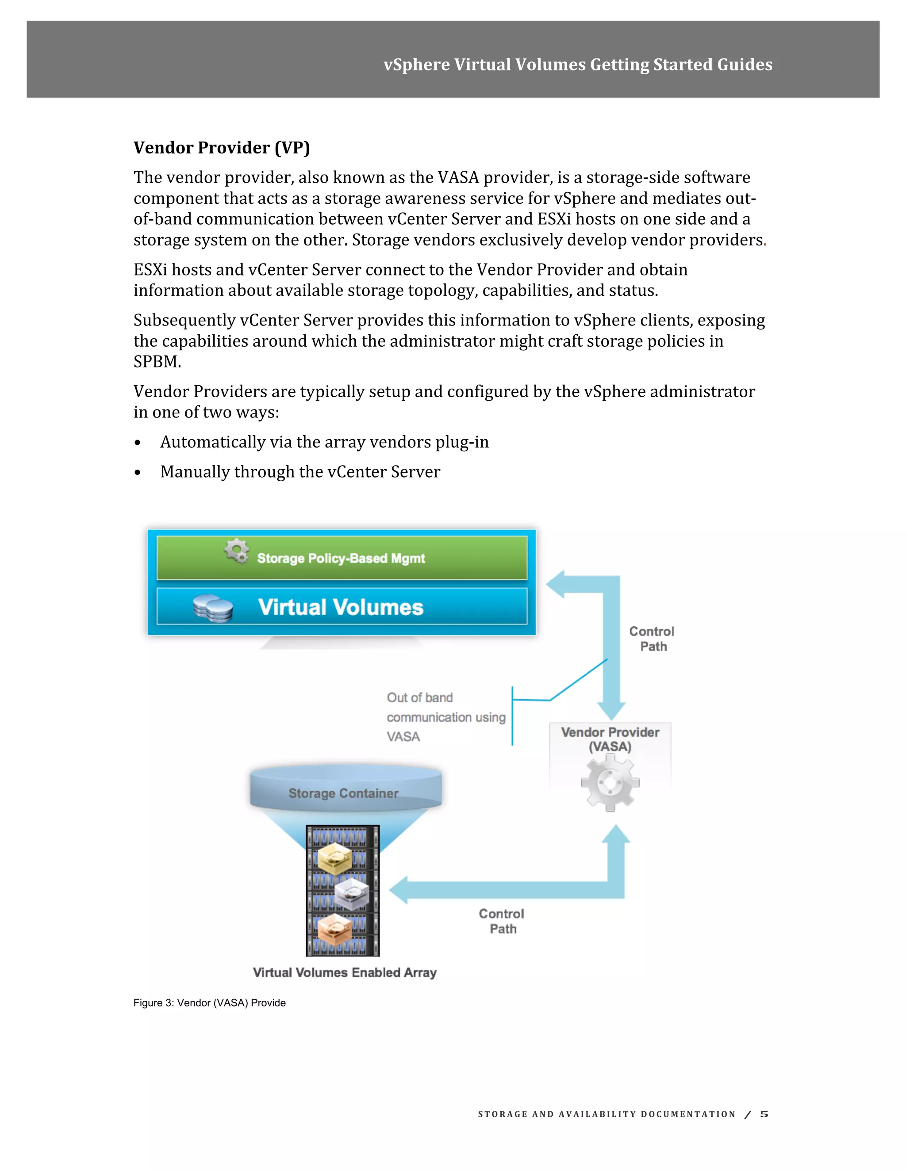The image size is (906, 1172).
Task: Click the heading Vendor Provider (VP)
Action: tap(222, 148)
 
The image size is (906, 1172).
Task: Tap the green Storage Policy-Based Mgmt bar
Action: tap(342, 558)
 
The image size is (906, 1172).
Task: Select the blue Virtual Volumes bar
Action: tap(342, 607)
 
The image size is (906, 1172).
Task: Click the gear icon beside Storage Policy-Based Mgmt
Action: tap(237, 551)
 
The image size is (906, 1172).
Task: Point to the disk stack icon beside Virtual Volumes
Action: tap(212, 608)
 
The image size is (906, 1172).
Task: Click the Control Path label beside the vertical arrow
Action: tap(652, 639)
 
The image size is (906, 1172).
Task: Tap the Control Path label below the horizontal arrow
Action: tap(502, 921)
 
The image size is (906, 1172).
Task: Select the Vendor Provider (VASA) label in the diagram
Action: tap(610, 739)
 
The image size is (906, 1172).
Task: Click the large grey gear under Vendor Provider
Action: tap(610, 783)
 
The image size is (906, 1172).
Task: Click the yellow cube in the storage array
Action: tap(334, 858)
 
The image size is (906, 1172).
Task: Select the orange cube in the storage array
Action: tap(334, 928)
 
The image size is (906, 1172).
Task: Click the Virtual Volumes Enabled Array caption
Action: tap(345, 973)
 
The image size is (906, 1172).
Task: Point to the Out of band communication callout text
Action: tap(445, 717)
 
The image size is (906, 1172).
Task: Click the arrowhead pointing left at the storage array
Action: tap(400, 890)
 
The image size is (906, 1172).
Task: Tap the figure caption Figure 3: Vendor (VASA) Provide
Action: tap(209, 1003)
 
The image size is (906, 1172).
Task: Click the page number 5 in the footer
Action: tap(764, 1114)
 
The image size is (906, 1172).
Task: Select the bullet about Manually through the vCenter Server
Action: tap(300, 472)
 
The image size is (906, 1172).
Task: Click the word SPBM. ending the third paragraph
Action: tap(157, 362)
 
